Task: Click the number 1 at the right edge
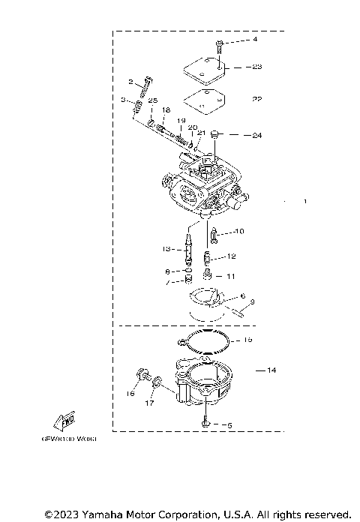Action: pos(304,202)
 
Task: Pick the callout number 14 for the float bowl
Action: pos(271,370)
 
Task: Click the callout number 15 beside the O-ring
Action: pos(249,340)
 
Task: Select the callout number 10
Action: pos(239,231)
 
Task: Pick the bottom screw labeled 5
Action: pos(205,424)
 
